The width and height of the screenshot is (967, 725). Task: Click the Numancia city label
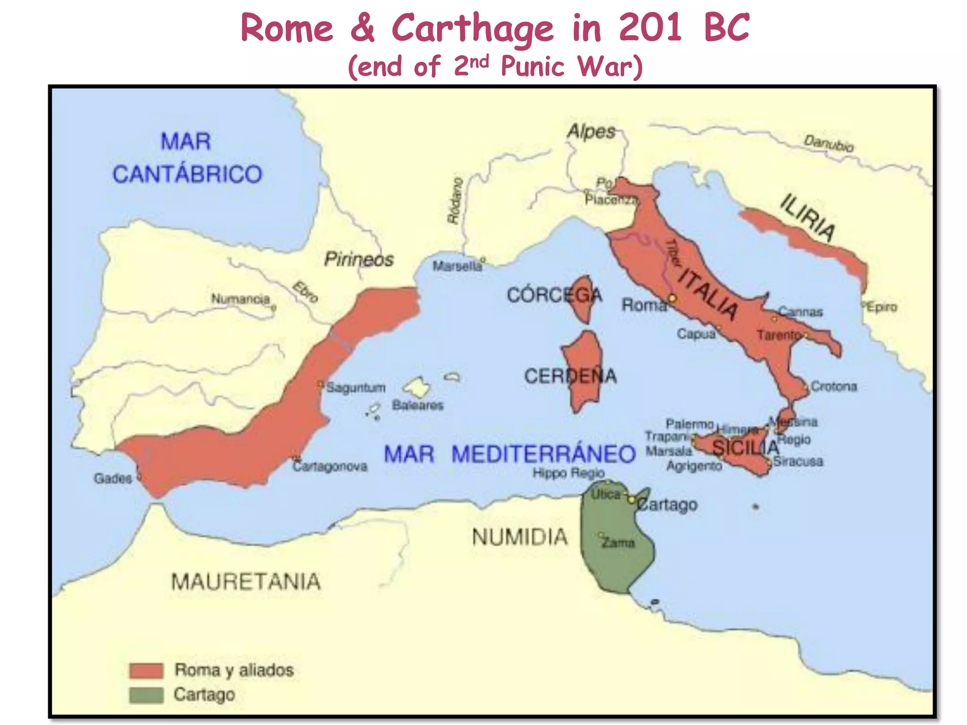[x=240, y=299]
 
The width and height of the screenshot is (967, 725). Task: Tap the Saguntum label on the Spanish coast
[x=356, y=388]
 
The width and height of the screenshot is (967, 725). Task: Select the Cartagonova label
[x=330, y=467]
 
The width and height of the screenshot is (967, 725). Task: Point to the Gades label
[x=113, y=479]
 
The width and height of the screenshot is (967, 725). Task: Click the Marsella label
[x=457, y=267]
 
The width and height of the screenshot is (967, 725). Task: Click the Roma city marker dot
[x=672, y=298]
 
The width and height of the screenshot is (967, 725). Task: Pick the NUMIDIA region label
[x=520, y=537]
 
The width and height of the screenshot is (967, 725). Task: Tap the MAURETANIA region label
[x=246, y=582]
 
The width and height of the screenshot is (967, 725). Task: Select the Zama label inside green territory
[x=618, y=543]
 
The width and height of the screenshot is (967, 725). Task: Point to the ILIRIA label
[x=807, y=218]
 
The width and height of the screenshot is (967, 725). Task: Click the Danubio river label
[x=829, y=143]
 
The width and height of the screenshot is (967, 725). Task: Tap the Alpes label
[x=592, y=131]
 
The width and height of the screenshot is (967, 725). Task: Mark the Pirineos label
[x=359, y=260]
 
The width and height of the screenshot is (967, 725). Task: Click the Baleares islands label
[x=418, y=405]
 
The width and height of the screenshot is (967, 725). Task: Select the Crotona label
[x=834, y=387]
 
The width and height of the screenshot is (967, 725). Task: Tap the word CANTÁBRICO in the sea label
[x=187, y=174]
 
